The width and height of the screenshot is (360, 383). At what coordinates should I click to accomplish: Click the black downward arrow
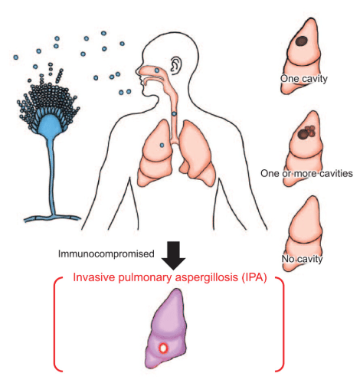point(173,255)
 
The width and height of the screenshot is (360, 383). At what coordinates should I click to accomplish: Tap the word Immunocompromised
point(106,254)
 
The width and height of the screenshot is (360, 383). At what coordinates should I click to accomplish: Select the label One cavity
point(304,79)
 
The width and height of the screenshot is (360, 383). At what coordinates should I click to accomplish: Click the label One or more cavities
point(306,173)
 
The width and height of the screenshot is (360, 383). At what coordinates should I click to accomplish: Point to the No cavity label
point(302,259)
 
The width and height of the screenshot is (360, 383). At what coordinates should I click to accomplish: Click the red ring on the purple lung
point(163,349)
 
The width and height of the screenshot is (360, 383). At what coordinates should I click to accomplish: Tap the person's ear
point(176,66)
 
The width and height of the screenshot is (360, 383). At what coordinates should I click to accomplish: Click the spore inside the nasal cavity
point(157,70)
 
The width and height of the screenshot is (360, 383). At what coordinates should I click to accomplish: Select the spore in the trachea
point(174,113)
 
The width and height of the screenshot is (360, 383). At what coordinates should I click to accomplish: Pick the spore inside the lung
point(162,146)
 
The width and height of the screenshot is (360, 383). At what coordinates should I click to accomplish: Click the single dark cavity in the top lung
point(302,41)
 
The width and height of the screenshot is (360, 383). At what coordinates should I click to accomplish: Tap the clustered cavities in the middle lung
point(306,133)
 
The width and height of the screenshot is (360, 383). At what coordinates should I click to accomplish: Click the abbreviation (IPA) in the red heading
point(254,277)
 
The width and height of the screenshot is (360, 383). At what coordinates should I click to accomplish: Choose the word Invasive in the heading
point(93,277)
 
